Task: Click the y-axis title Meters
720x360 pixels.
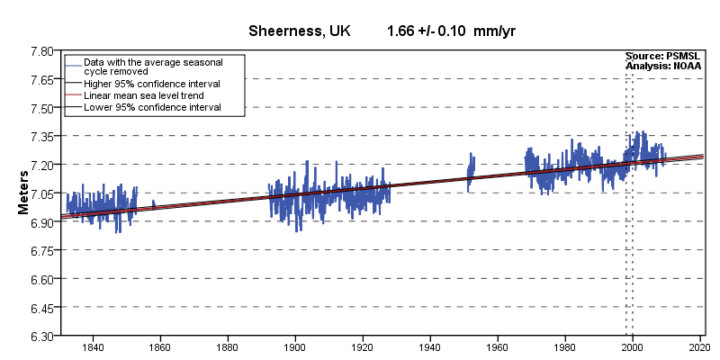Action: (24, 193)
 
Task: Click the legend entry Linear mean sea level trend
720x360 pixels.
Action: (143, 94)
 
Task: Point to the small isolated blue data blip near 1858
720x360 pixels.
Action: (154, 204)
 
